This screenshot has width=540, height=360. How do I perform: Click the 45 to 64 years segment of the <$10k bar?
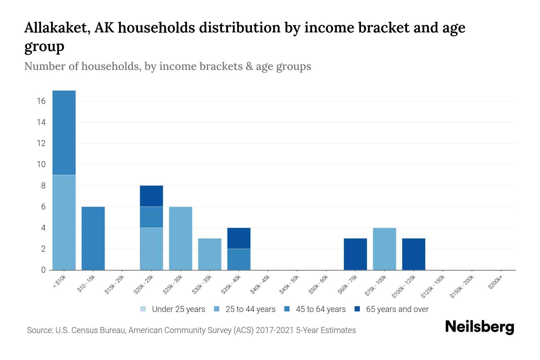[64, 133]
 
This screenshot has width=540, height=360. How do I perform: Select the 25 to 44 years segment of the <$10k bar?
[64, 222]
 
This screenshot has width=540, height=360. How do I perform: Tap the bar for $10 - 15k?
[93, 238]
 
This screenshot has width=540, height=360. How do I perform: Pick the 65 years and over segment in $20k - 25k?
[151, 196]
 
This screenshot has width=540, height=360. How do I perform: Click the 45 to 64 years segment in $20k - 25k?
[151, 217]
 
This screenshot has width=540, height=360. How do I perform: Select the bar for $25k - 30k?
[180, 238]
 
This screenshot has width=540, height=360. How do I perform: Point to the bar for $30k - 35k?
[210, 254]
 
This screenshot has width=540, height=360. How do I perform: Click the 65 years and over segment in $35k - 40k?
[239, 238]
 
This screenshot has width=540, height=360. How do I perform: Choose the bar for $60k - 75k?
[355, 254]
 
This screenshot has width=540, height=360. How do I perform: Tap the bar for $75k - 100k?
[384, 249]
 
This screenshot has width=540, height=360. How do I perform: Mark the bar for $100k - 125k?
[413, 254]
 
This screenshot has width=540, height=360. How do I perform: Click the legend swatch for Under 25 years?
[143, 309]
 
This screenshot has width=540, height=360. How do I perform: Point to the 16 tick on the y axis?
[41, 101]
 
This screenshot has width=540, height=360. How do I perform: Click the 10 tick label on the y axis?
[41, 164]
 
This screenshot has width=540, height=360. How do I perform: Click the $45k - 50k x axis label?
[290, 285]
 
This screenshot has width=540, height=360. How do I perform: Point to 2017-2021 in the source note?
[274, 330]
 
